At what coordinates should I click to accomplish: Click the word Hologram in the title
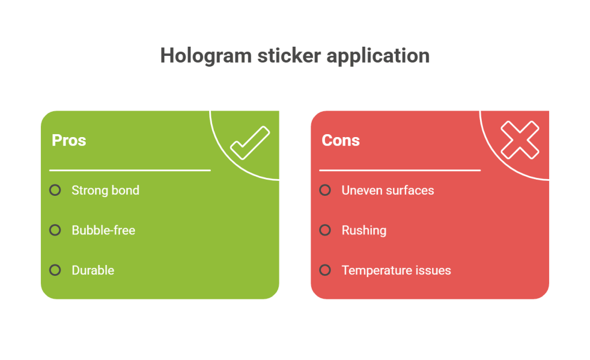(x=206, y=56)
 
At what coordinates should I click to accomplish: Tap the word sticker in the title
(x=289, y=56)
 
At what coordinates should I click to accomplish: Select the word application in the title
(x=378, y=56)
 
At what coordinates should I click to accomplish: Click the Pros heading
(x=69, y=141)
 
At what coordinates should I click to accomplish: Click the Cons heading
(x=341, y=141)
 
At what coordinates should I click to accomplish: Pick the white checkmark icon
(x=250, y=143)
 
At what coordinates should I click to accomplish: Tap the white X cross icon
(x=520, y=140)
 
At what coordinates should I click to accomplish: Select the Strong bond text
(x=105, y=190)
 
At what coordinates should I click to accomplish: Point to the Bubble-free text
(x=104, y=230)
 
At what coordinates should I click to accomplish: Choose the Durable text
(x=93, y=270)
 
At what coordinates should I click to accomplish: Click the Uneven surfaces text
(x=388, y=190)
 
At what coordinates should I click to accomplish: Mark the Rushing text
(x=364, y=230)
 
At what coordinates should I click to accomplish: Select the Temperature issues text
(x=396, y=270)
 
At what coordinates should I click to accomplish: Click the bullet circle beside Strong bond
(x=55, y=190)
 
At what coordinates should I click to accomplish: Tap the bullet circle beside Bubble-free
(x=55, y=230)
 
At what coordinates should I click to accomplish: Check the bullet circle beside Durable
(x=55, y=270)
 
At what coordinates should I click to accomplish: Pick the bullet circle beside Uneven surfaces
(x=325, y=190)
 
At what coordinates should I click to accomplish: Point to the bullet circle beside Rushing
(x=325, y=230)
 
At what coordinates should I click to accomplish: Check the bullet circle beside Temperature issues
(x=325, y=270)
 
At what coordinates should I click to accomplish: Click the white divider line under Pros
(x=130, y=170)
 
